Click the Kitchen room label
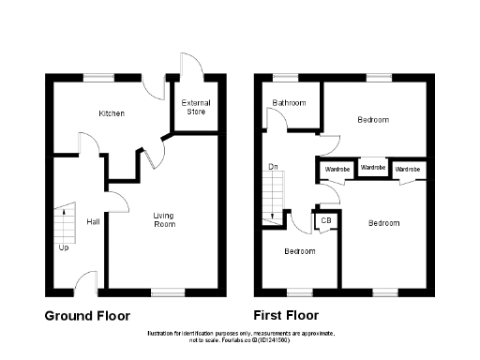click(112, 113)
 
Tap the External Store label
click(195, 106)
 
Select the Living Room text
click(164, 220)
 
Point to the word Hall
click(93, 222)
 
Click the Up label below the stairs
click(64, 247)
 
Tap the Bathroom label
click(290, 102)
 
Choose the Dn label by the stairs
click(274, 168)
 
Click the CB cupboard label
click(326, 221)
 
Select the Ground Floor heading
click(87, 315)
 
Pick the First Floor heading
click(286, 315)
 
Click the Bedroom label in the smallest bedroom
click(300, 251)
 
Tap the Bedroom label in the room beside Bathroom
click(373, 120)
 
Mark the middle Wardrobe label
click(373, 168)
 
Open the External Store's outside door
click(190, 63)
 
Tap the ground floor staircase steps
click(64, 223)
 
